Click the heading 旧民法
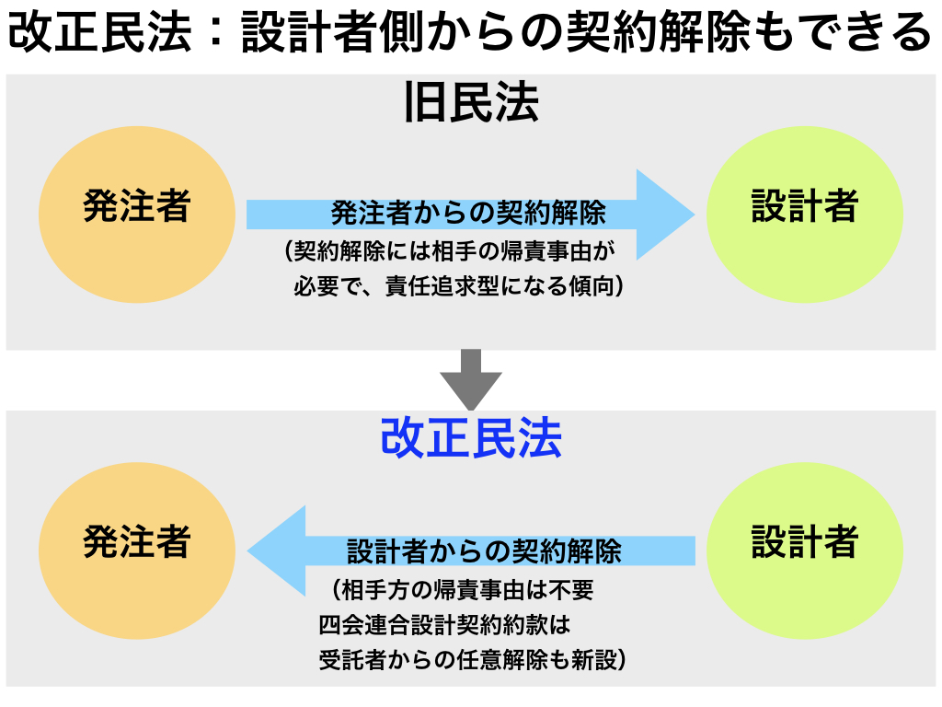click(472, 103)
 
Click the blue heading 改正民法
click(472, 437)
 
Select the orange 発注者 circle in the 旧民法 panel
click(137, 214)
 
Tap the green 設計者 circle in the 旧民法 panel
click(804, 214)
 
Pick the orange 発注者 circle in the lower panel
click(137, 551)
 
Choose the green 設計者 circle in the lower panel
click(804, 551)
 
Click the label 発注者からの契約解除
click(468, 213)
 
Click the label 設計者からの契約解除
click(484, 551)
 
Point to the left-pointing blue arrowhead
click(276, 551)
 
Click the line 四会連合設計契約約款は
click(444, 625)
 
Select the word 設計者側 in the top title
click(332, 32)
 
